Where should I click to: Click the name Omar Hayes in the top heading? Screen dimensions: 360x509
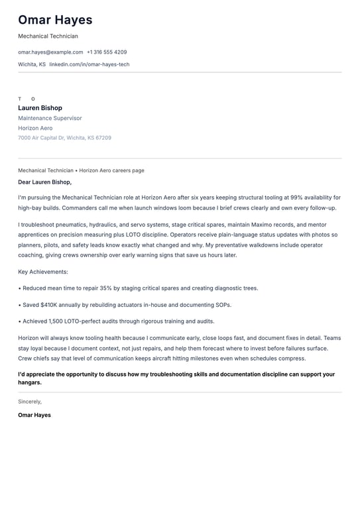(55, 20)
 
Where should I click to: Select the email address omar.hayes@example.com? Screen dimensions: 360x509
(50, 52)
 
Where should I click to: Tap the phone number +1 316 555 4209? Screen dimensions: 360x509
(107, 52)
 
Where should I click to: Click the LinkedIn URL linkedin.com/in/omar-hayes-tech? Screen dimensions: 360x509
(90, 64)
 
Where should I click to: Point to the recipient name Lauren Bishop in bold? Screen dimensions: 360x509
(40, 108)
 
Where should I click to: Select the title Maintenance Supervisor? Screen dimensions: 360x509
(50, 118)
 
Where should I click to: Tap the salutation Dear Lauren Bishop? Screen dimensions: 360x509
(44, 182)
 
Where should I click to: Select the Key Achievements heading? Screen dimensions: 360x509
(43, 272)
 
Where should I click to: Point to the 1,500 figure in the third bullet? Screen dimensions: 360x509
(59, 321)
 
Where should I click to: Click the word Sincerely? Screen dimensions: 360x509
(30, 402)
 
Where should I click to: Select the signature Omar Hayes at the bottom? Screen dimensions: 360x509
(34, 415)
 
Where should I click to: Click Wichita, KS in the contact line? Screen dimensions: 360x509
(32, 64)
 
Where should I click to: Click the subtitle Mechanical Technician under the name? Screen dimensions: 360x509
(48, 36)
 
